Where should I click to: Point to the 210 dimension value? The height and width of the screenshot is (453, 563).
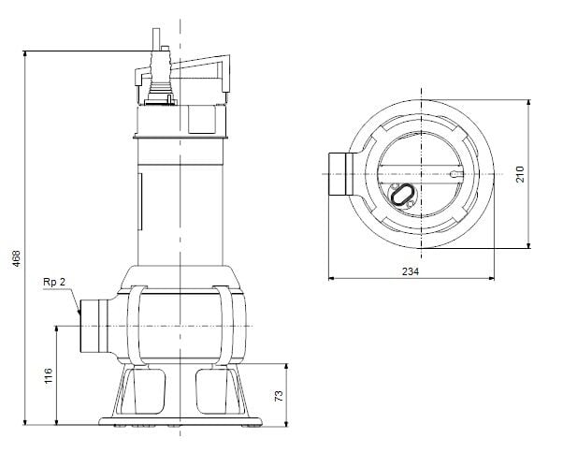[x=520, y=175]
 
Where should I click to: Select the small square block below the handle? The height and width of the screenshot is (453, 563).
[x=200, y=120]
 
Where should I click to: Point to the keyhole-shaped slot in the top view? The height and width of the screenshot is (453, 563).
[x=455, y=174]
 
